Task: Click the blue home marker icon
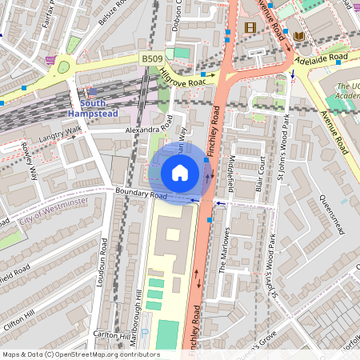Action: (180, 173)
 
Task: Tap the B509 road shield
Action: (152, 59)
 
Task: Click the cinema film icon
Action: (251, 28)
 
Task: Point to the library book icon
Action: (299, 36)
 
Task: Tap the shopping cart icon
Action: (51, 59)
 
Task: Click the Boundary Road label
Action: (140, 194)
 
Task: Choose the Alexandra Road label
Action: (148, 128)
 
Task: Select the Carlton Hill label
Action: (106, 334)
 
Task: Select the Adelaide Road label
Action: (320, 58)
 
